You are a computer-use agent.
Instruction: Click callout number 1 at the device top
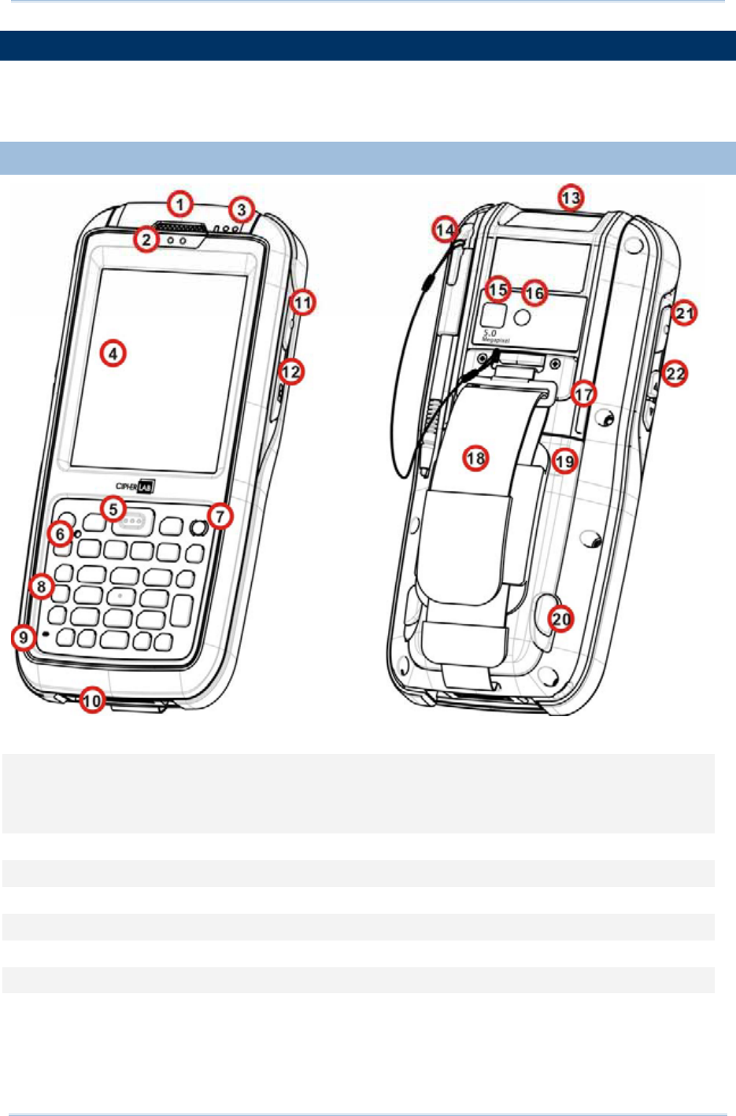point(180,205)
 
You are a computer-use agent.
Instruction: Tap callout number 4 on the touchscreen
point(113,353)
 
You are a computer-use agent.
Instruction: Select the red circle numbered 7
point(220,516)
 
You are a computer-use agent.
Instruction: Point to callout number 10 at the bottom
point(92,700)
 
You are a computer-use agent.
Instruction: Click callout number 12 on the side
point(292,371)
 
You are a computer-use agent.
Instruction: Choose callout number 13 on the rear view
point(570,197)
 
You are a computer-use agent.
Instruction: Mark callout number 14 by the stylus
point(446,230)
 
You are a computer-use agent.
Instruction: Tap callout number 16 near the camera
point(534,294)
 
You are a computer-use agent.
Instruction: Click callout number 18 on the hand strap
point(475,458)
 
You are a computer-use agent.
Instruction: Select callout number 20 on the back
point(561,619)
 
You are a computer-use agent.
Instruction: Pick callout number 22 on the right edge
point(675,372)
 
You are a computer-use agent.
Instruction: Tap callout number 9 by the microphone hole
point(24,637)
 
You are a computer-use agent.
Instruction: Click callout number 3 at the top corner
point(242,210)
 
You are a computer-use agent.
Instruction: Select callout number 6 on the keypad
point(61,534)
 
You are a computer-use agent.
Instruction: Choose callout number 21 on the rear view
point(686,313)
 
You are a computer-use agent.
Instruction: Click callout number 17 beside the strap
point(583,394)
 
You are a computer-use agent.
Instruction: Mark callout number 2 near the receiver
point(146,239)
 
